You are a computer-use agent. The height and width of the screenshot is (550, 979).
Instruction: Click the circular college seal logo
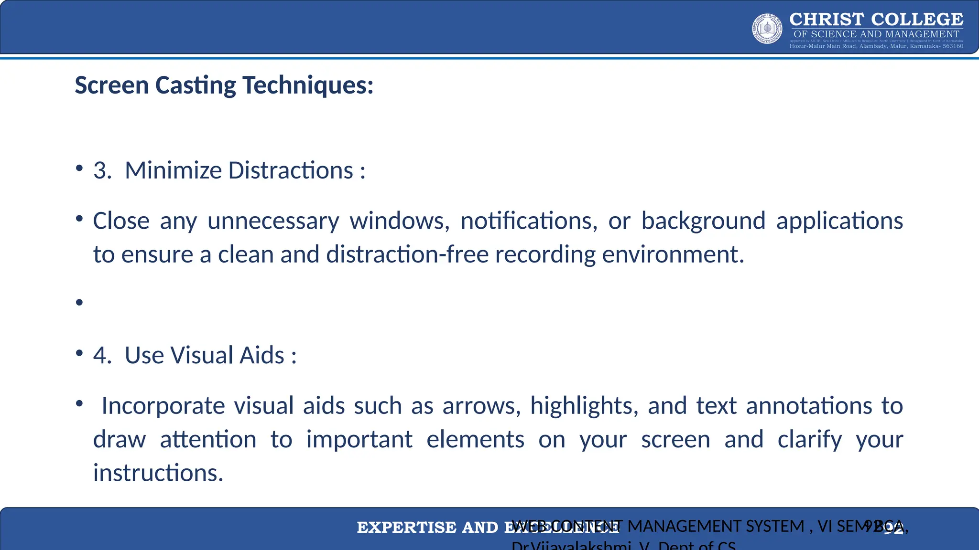pyautogui.click(x=767, y=29)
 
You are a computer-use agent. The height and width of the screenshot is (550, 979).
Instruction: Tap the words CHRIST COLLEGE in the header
pyautogui.click(x=876, y=19)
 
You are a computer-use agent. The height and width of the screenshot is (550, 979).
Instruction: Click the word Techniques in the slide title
pyautogui.click(x=308, y=85)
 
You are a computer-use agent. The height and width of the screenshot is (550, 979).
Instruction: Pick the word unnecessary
pyautogui.click(x=273, y=221)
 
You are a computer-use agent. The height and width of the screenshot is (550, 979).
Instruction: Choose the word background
pyautogui.click(x=703, y=221)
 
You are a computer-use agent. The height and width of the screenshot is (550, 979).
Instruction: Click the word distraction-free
pyautogui.click(x=407, y=254)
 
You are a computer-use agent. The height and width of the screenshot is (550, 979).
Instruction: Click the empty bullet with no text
pyautogui.click(x=79, y=302)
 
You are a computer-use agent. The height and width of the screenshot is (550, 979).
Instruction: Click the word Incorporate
pyautogui.click(x=163, y=406)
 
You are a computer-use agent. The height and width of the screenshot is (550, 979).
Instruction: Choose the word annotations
pyautogui.click(x=809, y=406)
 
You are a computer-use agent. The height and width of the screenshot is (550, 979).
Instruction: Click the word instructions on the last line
pyautogui.click(x=158, y=473)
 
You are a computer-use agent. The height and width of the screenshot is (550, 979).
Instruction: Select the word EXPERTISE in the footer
pyautogui.click(x=406, y=528)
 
